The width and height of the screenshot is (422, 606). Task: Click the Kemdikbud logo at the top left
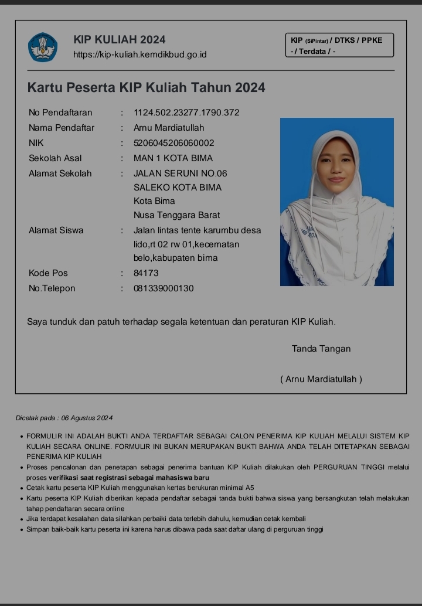tap(43, 47)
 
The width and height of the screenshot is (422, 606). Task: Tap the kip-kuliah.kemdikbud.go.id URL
tap(139, 55)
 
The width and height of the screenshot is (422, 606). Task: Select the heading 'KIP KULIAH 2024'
tap(120, 40)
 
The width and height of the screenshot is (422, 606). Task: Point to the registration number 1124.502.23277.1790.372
tap(186, 113)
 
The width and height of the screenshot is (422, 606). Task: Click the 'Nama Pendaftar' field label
tap(62, 128)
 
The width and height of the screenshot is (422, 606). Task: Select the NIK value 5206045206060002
tap(174, 143)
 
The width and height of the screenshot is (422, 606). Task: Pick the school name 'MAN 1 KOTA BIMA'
tap(173, 158)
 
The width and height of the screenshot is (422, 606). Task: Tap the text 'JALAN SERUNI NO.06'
tap(181, 173)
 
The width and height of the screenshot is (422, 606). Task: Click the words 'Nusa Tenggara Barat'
tap(176, 215)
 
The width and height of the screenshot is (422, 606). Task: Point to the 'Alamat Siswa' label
tap(56, 230)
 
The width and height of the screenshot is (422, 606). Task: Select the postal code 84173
tap(146, 273)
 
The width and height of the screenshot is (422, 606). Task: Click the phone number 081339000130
tap(164, 288)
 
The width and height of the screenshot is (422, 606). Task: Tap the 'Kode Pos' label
tap(48, 273)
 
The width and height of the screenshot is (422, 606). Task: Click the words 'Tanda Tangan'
tap(321, 349)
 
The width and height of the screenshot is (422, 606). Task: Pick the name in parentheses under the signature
tap(321, 379)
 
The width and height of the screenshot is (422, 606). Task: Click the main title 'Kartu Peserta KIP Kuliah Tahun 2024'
tap(146, 88)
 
